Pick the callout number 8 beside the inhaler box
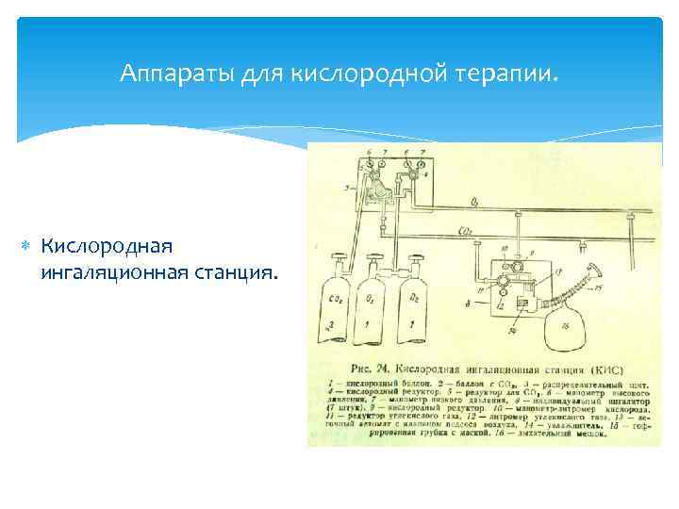coord(469,304)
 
